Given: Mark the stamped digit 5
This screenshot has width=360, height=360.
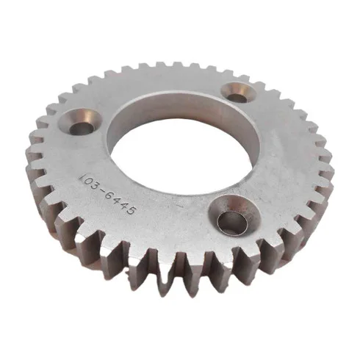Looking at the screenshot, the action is (130, 211).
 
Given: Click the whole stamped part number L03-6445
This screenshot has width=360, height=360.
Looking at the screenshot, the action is (107, 195).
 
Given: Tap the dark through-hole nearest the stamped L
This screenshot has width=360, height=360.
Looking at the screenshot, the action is (82, 129).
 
